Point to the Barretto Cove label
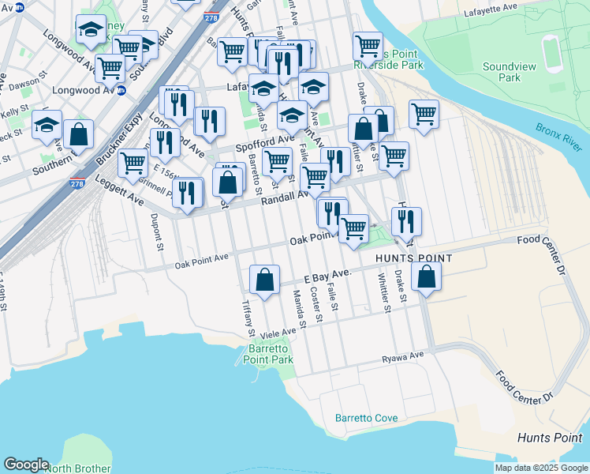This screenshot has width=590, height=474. (x=365, y=417)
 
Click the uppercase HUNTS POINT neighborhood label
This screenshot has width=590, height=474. (x=414, y=258)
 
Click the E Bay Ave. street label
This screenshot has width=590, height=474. (x=327, y=276)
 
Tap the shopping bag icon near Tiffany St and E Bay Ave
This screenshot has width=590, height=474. (x=264, y=279)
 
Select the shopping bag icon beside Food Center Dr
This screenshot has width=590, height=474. (x=425, y=277)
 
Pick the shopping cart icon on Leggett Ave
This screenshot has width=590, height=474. (x=133, y=164)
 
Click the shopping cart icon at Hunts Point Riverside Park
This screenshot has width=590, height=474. (x=368, y=47)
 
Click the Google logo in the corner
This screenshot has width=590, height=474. (x=26, y=465)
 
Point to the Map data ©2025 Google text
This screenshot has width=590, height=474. (x=541, y=468)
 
